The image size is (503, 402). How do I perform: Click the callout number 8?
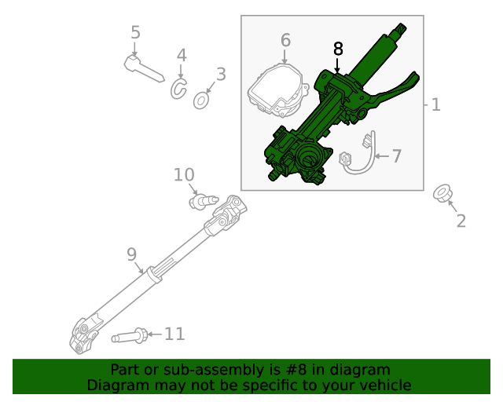tap(338, 49)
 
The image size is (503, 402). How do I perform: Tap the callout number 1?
tap(435, 104)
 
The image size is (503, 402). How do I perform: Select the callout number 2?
tap(461, 221)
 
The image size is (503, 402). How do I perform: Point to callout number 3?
tap(221, 75)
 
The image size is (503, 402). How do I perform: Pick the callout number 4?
tap(182, 56)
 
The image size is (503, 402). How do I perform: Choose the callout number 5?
tap(135, 33)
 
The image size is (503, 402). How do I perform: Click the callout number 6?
tap(285, 39)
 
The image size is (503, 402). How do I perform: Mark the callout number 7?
tap(397, 156)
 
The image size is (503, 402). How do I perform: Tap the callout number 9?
tap(131, 254)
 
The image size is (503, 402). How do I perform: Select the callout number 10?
tap(183, 174)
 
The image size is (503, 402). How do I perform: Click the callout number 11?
tap(174, 334)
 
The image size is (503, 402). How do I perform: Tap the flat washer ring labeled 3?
tap(201, 100)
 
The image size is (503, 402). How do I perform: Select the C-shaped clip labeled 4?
tap(178, 90)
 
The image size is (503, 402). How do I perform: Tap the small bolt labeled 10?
tap(201, 203)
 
